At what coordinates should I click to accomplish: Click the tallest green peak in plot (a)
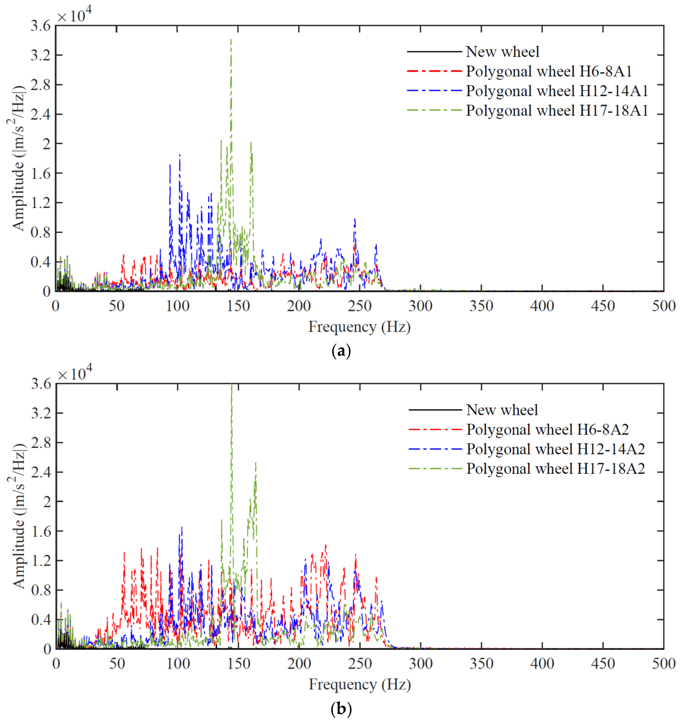coord(231,40)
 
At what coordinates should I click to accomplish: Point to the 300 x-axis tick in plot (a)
coord(420,306)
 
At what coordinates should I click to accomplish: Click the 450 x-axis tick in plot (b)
coord(603,664)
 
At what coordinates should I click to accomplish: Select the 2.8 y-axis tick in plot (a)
coord(41,85)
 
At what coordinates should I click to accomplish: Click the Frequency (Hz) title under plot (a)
coord(359,327)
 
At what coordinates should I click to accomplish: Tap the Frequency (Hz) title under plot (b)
coord(360,684)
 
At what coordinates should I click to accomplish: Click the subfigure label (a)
coord(341,351)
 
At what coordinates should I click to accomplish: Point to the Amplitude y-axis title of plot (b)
coord(18,515)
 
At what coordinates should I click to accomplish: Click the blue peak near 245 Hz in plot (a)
coord(355,219)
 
